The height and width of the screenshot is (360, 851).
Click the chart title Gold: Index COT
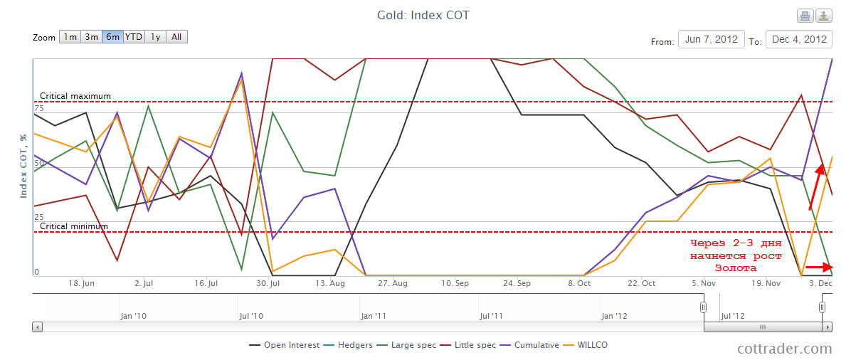[423, 15]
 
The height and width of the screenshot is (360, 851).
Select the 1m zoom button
[70, 37]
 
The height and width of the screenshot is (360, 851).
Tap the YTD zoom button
[133, 37]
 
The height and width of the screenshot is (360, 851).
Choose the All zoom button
[176, 37]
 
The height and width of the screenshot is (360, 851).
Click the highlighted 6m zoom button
[112, 37]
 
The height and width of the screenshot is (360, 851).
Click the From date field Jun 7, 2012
[711, 39]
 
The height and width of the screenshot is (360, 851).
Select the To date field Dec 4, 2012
[798, 39]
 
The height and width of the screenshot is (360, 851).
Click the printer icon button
[805, 16]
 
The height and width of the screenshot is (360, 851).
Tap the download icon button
[823, 16]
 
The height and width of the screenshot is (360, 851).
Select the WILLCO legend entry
[588, 345]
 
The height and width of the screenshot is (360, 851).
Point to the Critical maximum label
[75, 96]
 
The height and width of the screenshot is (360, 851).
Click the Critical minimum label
[74, 226]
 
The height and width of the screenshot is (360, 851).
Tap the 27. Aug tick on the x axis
[393, 282]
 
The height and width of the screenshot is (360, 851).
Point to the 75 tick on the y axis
[38, 109]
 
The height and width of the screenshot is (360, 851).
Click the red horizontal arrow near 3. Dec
[819, 268]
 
